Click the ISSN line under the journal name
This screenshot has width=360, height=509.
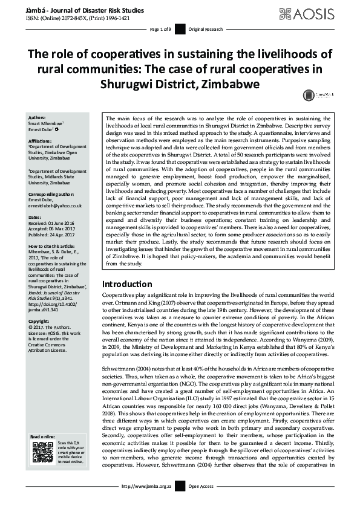tap(81, 18)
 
